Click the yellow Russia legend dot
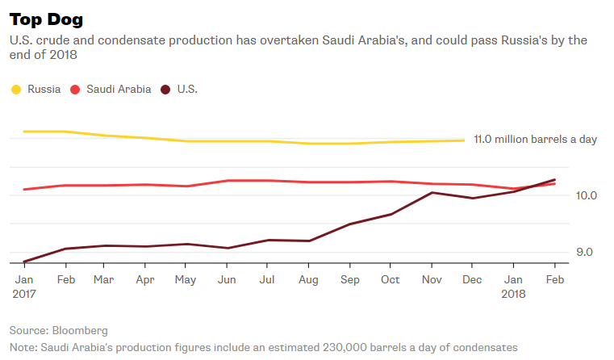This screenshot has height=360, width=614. (16, 90)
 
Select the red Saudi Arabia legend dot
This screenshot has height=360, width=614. (76, 90)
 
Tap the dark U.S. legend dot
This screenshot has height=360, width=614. (165, 90)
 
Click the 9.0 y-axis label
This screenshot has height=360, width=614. (584, 252)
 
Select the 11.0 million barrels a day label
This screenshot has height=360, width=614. (535, 140)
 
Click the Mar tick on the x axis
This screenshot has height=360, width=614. (103, 279)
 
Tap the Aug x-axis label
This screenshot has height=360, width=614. (308, 279)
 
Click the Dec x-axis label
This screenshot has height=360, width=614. (472, 279)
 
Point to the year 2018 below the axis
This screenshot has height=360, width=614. (513, 295)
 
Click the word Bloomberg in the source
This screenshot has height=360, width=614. (79, 331)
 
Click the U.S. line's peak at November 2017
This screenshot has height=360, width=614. (432, 192)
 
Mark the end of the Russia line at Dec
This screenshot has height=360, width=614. (465, 140)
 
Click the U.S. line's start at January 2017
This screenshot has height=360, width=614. (23, 262)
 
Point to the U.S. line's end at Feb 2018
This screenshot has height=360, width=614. (554, 179)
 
